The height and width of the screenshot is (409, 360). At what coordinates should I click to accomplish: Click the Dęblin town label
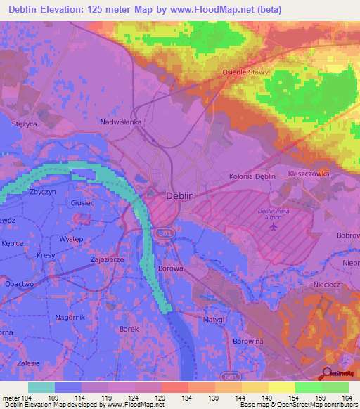179,197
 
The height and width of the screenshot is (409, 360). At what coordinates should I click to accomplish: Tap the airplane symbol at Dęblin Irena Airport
273,225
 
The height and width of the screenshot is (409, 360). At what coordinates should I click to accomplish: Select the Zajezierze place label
108,259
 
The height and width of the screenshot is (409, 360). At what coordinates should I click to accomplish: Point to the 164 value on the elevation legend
345,398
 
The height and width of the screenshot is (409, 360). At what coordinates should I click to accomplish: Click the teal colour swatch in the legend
41,387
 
